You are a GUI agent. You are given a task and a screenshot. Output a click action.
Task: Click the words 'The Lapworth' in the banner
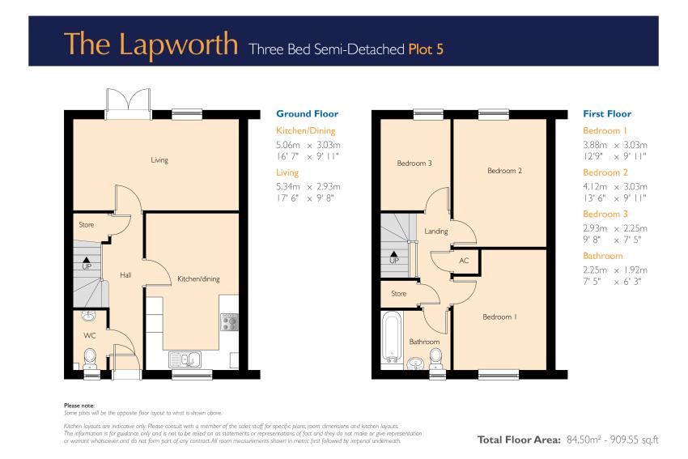coord(151,44)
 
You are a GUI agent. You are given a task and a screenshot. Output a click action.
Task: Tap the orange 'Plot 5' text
coord(426,49)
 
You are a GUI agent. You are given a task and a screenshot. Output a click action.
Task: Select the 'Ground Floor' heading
coord(307,113)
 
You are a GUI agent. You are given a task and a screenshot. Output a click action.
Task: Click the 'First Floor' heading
coord(607,113)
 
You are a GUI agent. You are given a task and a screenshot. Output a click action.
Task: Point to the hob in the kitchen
coord(228,321)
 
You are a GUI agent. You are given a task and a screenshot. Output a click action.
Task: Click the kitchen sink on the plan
coord(185,359)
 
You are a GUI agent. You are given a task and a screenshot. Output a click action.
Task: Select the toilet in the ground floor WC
coord(90,358)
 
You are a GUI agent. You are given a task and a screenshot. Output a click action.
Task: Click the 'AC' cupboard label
coord(464,261)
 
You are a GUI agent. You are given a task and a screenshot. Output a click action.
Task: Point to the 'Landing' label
coord(435,232)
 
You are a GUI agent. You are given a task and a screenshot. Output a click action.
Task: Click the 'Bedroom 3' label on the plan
coord(414,164)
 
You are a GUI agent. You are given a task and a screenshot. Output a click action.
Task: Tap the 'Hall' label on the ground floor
coord(125,275)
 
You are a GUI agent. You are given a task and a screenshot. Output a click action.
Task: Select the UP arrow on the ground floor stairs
coord(87,260)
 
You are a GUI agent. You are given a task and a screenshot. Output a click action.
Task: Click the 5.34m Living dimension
coord(288,186)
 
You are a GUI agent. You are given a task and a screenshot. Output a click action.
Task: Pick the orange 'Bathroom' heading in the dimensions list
coord(602,256)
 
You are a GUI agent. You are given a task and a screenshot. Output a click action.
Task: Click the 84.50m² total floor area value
coord(583,440)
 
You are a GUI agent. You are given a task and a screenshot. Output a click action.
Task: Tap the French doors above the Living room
coord(128,104)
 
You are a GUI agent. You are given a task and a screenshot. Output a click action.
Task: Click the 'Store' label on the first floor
coord(398,294)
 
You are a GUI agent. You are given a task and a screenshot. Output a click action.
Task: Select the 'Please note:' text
coord(79,406)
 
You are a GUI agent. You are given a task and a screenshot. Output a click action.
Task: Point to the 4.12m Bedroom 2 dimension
coord(595,186)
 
